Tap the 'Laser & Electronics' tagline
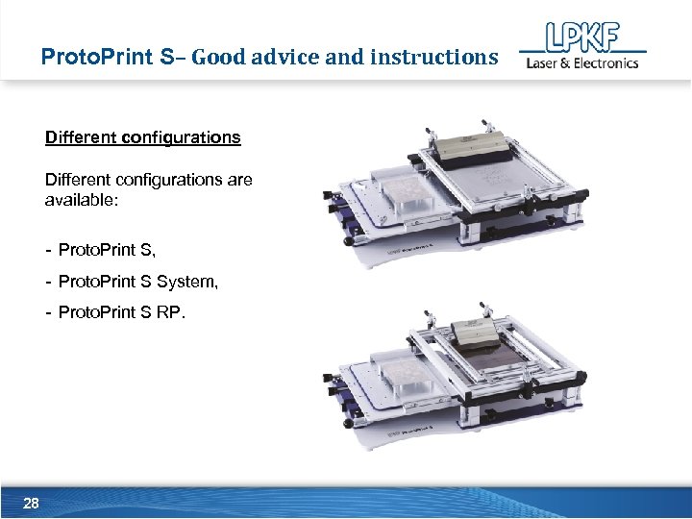pyautogui.click(x=581, y=63)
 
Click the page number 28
pyautogui.click(x=31, y=504)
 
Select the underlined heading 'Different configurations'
pyautogui.click(x=143, y=136)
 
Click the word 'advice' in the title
pyautogui.click(x=284, y=57)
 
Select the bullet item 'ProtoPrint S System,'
pyautogui.click(x=138, y=282)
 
